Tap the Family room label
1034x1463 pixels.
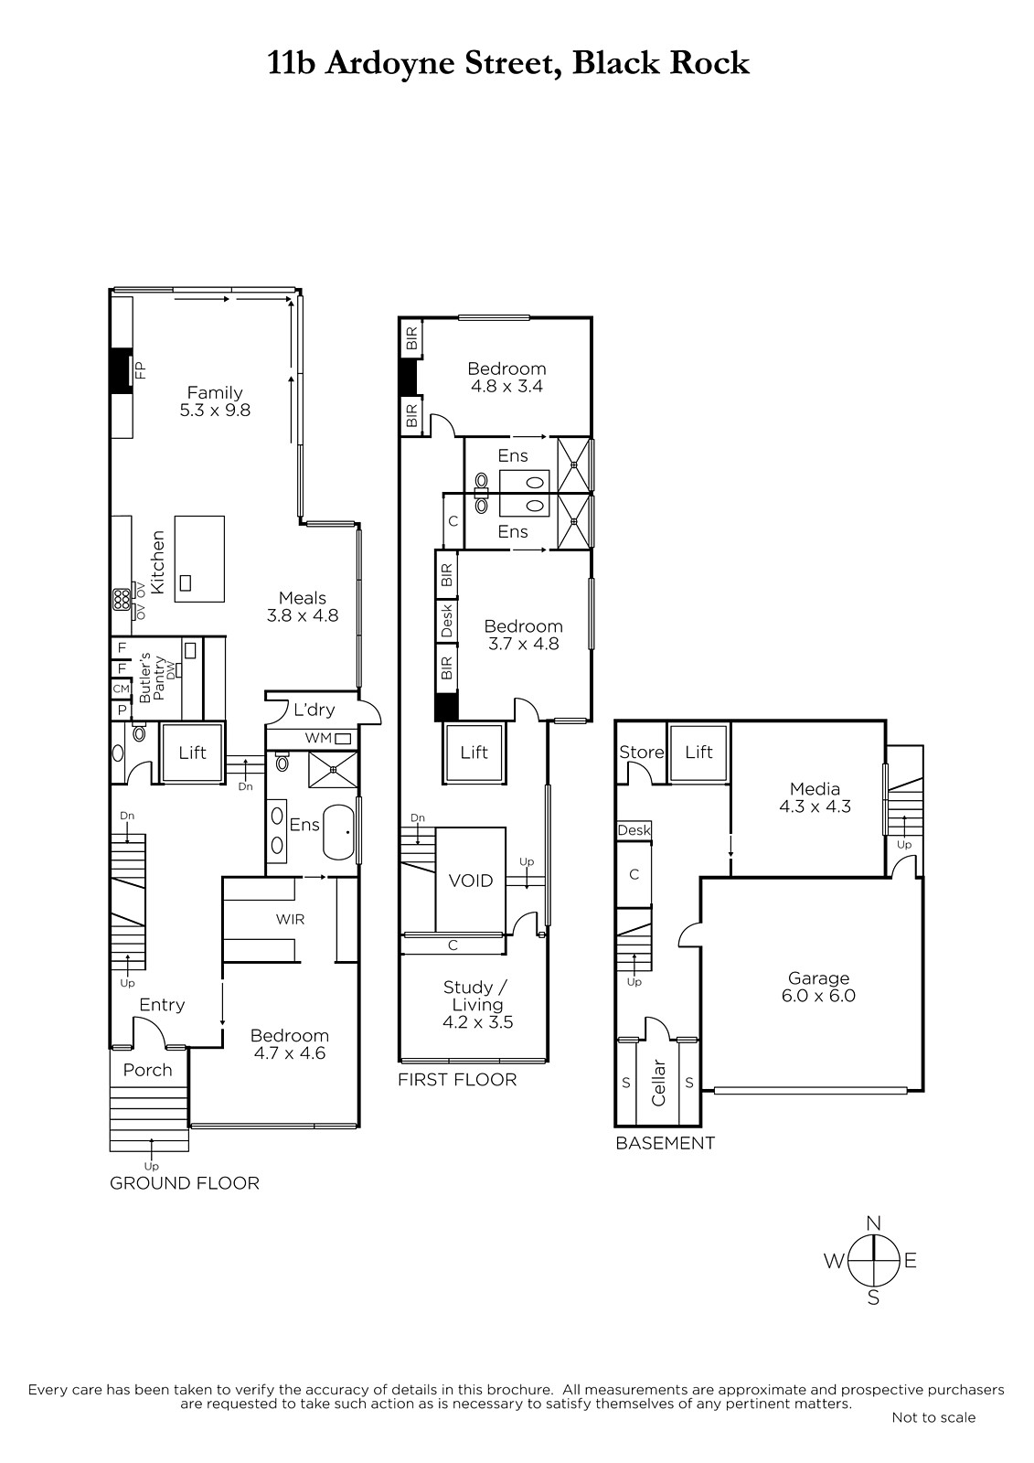coord(215,392)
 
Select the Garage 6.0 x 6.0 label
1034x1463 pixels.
coord(818,987)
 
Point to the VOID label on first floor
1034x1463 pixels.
coord(470,881)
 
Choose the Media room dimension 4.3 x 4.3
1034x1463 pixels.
coord(815,806)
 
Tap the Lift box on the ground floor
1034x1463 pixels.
coord(193,753)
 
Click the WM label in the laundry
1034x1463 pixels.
coord(319,738)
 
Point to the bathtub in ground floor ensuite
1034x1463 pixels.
coord(339,833)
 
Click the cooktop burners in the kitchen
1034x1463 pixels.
coord(121,600)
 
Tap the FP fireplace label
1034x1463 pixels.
coord(140,371)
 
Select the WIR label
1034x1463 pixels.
coord(290,919)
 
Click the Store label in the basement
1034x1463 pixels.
coord(642,752)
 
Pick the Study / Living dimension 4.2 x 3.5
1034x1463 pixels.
coord(478,1022)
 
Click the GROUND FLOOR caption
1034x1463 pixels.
coord(185,1183)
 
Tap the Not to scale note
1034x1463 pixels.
coord(933,1417)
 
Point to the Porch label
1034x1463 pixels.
coord(147,1070)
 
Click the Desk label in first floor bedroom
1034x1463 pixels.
coord(447,621)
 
